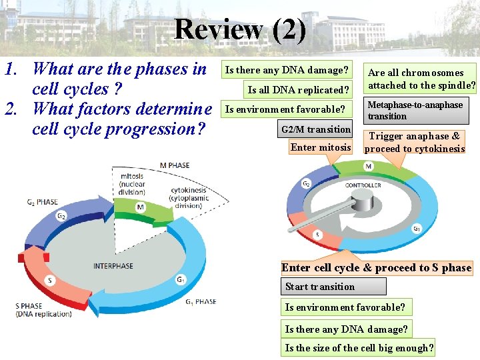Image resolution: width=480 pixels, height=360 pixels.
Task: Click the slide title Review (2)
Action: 240,29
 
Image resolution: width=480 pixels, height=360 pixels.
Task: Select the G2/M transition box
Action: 315,129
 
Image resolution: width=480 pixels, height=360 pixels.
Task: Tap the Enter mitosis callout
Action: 320,147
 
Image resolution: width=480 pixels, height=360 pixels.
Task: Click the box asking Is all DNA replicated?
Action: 298,90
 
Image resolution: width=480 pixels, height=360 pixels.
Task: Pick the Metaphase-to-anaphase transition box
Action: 415,110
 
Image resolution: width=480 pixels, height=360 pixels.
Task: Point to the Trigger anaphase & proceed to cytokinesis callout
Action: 414,142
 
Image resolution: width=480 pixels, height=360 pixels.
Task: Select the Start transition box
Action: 335,287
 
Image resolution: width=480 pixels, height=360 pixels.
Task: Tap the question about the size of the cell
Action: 359,347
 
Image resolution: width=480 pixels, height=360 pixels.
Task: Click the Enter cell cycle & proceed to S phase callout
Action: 376,267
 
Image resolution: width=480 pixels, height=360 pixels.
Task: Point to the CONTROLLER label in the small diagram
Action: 363,185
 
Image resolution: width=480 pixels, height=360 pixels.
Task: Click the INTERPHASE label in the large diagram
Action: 113,266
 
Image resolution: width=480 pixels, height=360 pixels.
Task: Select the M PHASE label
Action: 175,165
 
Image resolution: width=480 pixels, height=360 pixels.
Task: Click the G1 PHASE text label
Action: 201,301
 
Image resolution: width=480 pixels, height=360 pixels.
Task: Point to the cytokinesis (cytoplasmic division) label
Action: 189,198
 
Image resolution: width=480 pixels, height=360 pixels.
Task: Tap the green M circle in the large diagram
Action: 141,207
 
